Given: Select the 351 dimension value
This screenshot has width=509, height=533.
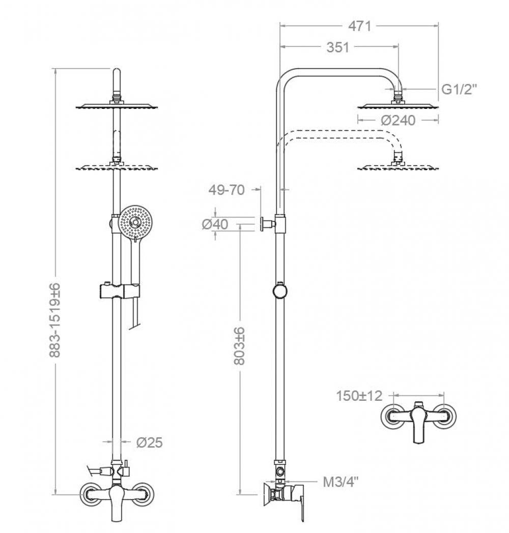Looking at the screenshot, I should click(x=337, y=47).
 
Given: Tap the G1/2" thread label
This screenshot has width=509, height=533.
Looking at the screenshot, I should click(x=459, y=90).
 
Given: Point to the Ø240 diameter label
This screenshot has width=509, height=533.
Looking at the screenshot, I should click(x=398, y=120).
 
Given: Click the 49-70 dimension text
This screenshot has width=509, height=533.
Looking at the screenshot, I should click(x=227, y=190).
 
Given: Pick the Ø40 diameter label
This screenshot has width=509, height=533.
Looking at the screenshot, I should click(x=215, y=224).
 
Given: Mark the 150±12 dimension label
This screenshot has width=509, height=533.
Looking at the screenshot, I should click(x=359, y=396).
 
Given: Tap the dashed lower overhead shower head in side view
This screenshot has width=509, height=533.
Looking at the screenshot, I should click(x=398, y=166).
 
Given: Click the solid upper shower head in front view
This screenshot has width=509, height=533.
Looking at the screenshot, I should click(x=118, y=106).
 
